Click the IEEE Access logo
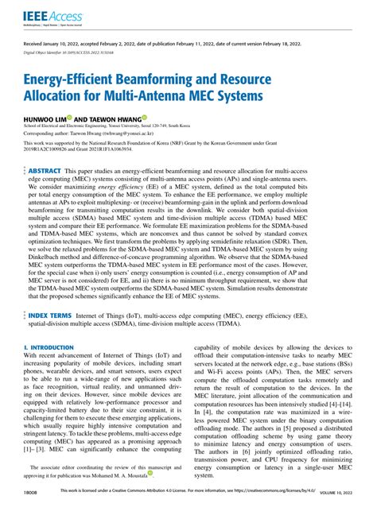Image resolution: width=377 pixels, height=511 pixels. click(x=47, y=15)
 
